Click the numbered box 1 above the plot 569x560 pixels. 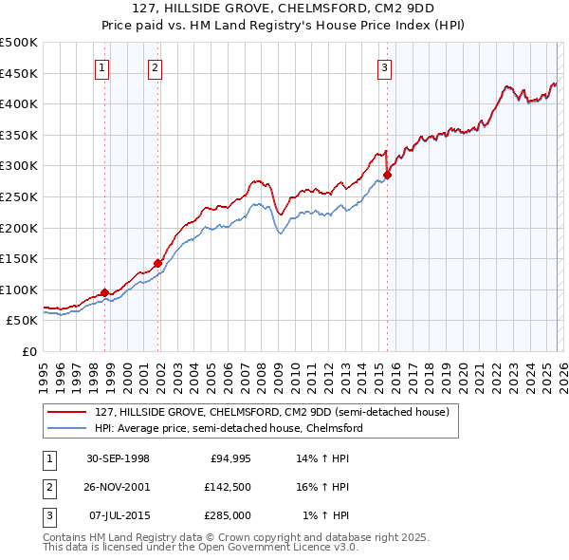pos(101,66)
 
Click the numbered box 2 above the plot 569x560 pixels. pos(155,66)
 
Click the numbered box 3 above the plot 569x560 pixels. pos(384,66)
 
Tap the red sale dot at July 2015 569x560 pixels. pos(387,175)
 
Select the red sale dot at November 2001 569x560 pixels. pos(158,264)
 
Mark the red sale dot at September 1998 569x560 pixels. pos(105,293)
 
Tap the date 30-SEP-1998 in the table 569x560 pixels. pos(118,458)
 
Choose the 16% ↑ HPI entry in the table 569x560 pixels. pos(325,487)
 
